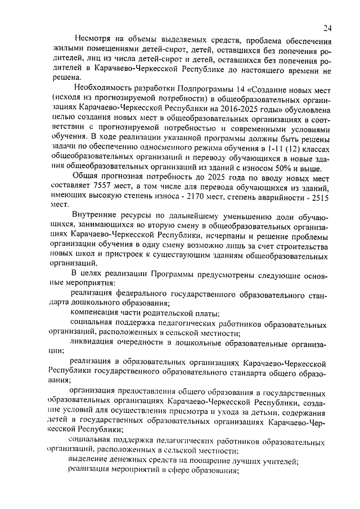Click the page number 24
coord(327,28)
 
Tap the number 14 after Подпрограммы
coord(240,88)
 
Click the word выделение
coord(91,462)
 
